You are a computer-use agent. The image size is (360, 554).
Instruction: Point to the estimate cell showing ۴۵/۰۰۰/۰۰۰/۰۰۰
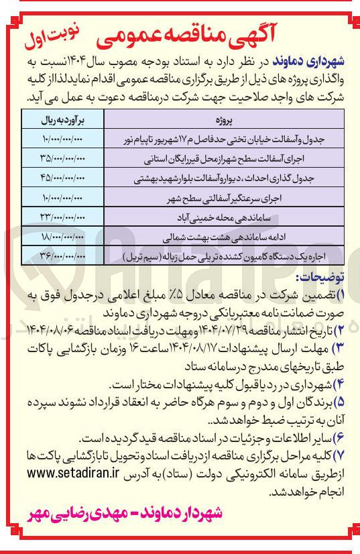point(63,181)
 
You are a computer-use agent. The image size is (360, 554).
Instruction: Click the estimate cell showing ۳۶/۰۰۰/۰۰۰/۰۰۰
point(63,257)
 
